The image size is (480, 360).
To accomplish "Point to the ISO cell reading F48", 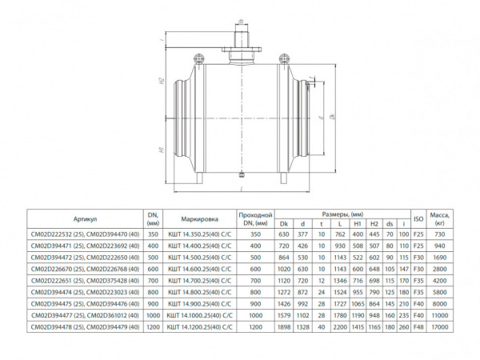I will click(417, 350).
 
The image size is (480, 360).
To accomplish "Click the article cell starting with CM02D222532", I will click(85, 234).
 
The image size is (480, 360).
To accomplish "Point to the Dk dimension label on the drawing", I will click(332, 118).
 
